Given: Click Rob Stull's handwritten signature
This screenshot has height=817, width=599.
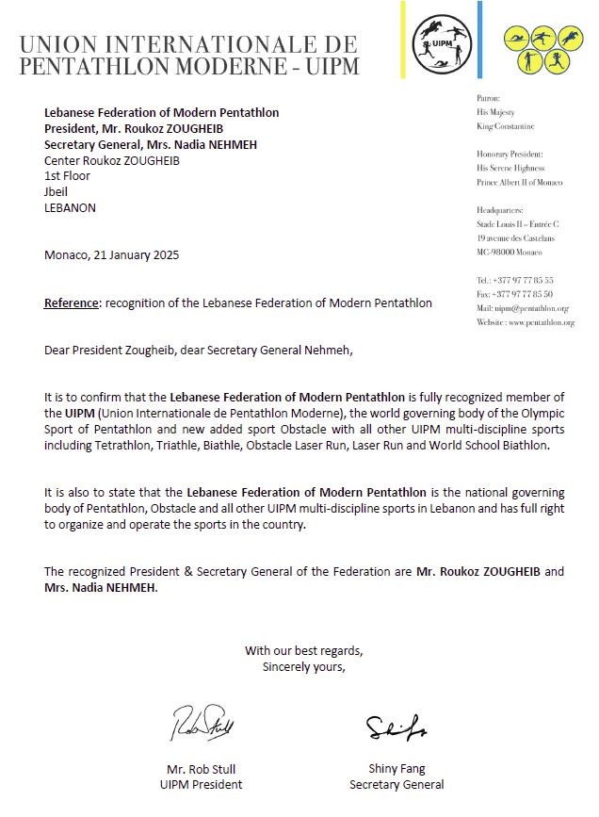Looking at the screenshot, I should [202, 724].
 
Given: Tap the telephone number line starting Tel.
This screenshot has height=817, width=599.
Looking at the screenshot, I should [515, 280].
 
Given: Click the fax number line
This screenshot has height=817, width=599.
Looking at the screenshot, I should [515, 294].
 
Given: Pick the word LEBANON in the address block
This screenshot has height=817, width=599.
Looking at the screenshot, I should [70, 208].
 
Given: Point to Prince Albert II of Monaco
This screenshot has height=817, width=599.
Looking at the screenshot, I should [520, 182].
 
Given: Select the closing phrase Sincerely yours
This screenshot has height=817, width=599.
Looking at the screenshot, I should [303, 667].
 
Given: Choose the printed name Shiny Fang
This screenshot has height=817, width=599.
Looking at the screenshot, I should [397, 769].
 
